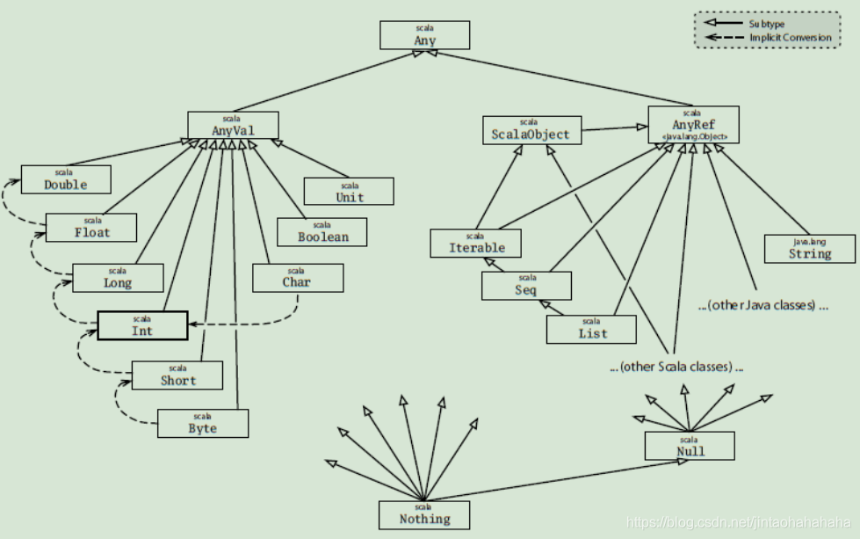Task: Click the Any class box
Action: click(425, 35)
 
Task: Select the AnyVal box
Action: click(233, 125)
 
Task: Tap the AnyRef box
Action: click(693, 125)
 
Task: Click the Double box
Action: click(66, 179)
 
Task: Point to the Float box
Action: click(92, 228)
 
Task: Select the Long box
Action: click(118, 278)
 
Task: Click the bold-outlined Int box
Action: click(142, 326)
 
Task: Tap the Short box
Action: click(177, 375)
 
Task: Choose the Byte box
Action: click(203, 423)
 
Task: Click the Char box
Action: click(297, 278)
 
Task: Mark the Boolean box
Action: click(322, 231)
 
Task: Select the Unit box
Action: click(349, 192)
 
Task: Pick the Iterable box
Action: click(475, 244)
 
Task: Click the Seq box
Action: click(526, 285)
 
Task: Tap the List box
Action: click(590, 329)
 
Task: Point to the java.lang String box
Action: click(809, 248)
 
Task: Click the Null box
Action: click(690, 446)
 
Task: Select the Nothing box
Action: click(424, 514)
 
